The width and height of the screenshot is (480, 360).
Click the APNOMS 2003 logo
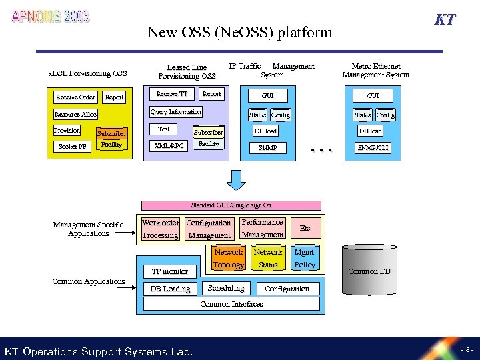tap(50, 17)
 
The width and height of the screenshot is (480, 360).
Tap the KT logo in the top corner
tap(445, 19)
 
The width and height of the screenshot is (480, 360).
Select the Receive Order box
tap(75, 97)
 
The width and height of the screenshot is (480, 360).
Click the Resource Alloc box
tap(75, 115)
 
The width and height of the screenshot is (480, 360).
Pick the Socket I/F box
tap(73, 146)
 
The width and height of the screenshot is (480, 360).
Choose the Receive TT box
tap(171, 94)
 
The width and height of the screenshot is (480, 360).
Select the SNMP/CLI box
tap(373, 147)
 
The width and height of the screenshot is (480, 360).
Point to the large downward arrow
tap(239, 181)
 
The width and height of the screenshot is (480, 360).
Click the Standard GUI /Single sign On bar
tap(231, 205)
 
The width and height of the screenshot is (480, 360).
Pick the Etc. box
tap(305, 228)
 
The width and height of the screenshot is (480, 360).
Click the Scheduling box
tap(225, 288)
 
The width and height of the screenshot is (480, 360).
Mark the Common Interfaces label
tap(231, 304)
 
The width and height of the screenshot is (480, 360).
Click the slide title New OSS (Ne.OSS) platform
tap(239, 32)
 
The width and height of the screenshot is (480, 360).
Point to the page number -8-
tap(465, 350)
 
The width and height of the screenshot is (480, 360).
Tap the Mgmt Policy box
tap(305, 259)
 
